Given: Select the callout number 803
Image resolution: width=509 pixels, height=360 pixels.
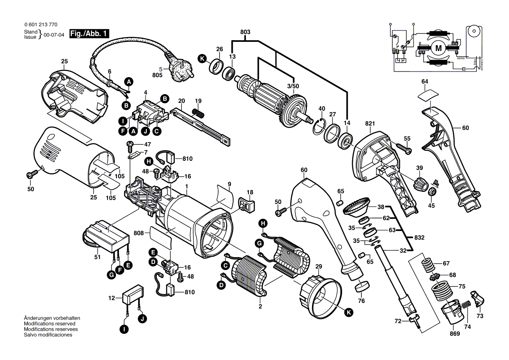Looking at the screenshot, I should [245, 32].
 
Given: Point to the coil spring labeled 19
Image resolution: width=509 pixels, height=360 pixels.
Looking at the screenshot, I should [199, 113].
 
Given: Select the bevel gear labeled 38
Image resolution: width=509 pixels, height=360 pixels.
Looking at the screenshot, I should [356, 205].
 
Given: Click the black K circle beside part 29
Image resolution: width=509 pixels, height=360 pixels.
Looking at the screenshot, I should [348, 312].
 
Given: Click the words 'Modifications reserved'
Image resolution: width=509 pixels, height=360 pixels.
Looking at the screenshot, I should [49, 324].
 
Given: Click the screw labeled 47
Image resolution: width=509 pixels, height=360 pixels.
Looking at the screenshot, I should [129, 144].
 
